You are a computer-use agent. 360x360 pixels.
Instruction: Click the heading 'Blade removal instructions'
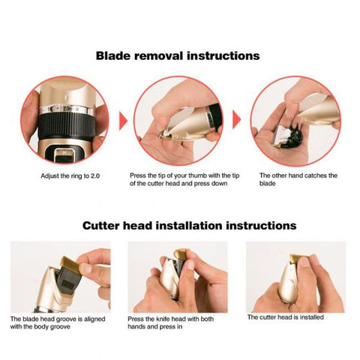coord(178,55)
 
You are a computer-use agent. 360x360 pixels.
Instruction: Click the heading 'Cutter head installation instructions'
coord(180,225)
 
